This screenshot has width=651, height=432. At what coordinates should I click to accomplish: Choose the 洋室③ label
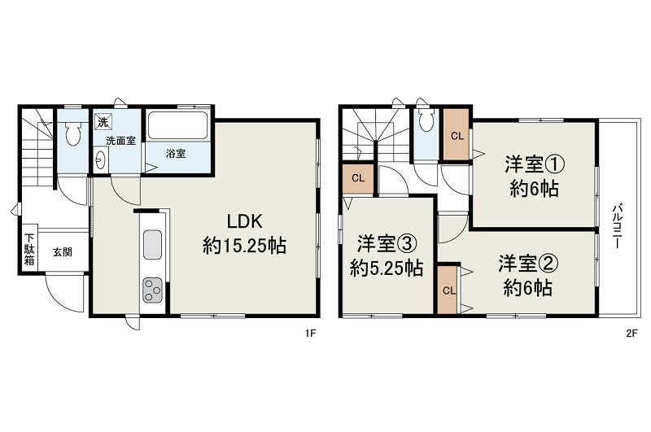click(x=387, y=243)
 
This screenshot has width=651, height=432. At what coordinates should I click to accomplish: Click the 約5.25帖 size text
click(x=387, y=268)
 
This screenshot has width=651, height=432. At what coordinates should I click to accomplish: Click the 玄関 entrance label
click(x=63, y=251)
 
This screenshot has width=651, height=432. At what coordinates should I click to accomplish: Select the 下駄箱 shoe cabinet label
click(x=28, y=249)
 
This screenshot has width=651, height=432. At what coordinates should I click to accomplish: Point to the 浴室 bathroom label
click(x=176, y=153)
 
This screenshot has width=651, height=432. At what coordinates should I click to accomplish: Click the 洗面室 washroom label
click(x=120, y=140)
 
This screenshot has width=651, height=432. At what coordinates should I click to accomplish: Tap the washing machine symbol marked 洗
click(x=103, y=122)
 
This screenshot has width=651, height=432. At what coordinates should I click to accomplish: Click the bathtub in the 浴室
click(x=180, y=126)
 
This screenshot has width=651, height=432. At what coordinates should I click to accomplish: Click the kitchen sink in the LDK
click(x=152, y=244)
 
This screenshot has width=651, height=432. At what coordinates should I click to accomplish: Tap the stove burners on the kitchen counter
click(x=152, y=290)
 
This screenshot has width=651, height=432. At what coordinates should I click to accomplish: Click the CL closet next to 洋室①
click(x=457, y=135)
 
